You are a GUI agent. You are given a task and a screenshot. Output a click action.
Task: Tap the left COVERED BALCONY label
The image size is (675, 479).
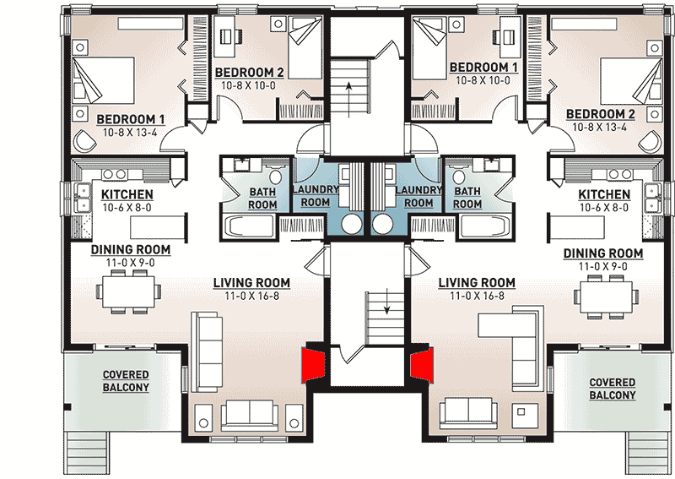pyautogui.click(x=126, y=381)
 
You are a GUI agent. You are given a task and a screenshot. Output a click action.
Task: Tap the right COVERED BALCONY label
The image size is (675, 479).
pyautogui.click(x=613, y=389)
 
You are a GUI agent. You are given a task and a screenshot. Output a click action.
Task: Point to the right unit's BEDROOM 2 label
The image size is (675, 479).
pyautogui.click(x=600, y=113)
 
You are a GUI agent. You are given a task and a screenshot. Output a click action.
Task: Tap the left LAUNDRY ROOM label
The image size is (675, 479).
pyautogui.click(x=316, y=196)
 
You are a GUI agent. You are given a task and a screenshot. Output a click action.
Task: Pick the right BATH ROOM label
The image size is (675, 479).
pyautogui.click(x=467, y=198)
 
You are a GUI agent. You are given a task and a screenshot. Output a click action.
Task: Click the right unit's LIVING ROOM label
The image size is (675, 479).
pyautogui.click(x=477, y=282)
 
